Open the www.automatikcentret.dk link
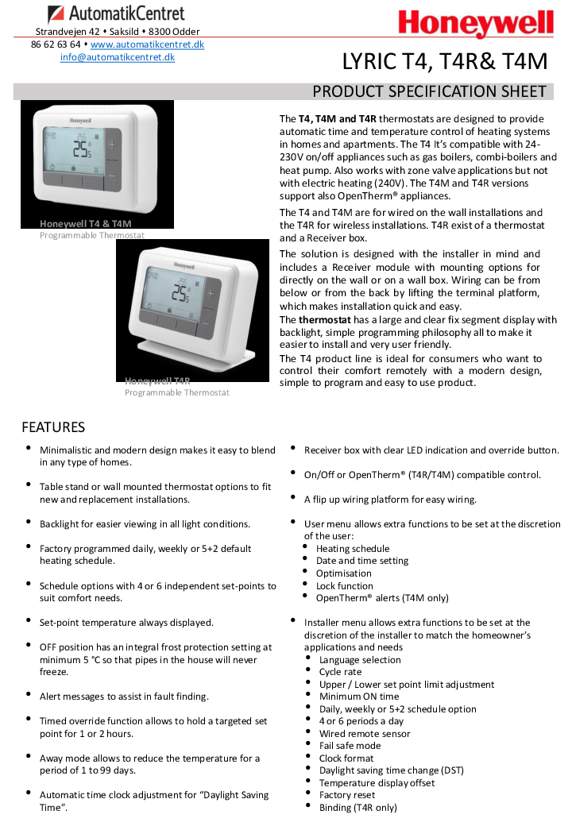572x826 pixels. pyautogui.click(x=147, y=44)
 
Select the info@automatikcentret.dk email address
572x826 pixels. pyautogui.click(x=118, y=57)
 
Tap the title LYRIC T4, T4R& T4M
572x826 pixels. pyautogui.click(x=445, y=61)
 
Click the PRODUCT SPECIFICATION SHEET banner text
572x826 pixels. pyautogui.click(x=429, y=91)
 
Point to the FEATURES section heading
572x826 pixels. pyautogui.click(x=53, y=427)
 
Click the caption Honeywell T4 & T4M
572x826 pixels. pyautogui.click(x=86, y=224)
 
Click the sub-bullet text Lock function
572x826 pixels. pyautogui.click(x=345, y=585)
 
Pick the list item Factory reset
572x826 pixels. pyautogui.click(x=347, y=795)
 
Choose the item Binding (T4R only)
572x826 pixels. pyautogui.click(x=357, y=808)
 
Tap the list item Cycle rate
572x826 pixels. pyautogui.click(x=340, y=672)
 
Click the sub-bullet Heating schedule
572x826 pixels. pyautogui.click(x=353, y=549)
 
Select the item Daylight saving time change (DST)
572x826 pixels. pyautogui.click(x=391, y=770)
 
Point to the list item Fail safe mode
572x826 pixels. pyautogui.click(x=350, y=746)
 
